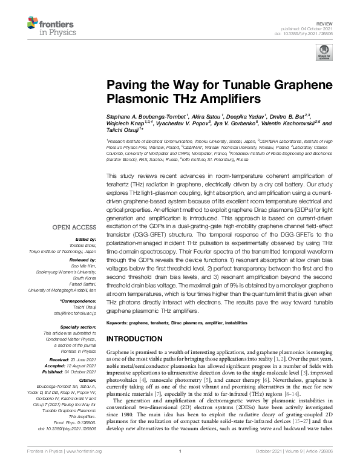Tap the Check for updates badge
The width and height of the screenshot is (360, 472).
tap(322, 54)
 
